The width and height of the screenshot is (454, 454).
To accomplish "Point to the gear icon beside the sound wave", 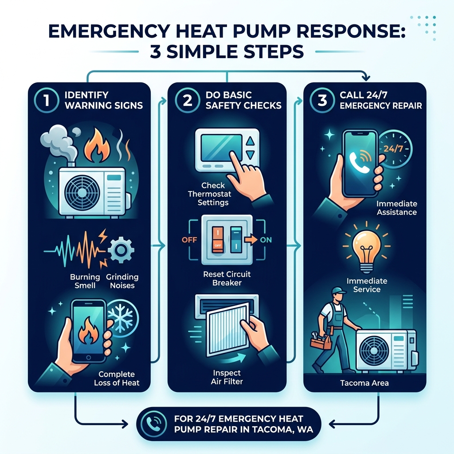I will coord(118,250).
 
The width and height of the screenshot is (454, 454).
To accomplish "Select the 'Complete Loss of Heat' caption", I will coord(117,379).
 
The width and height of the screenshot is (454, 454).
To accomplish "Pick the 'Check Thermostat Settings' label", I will coord(214,194).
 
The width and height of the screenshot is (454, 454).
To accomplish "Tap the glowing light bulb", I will coord(364,249).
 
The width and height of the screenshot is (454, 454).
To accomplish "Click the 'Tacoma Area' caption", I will coord(365,383).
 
